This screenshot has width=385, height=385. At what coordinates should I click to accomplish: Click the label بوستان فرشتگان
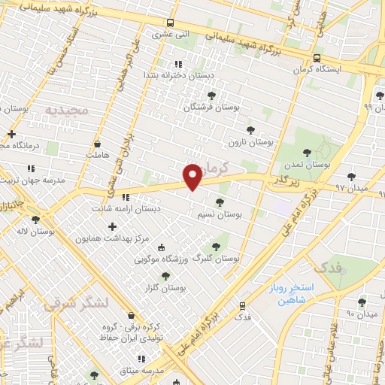click(212, 108)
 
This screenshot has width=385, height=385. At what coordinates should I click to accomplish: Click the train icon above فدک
click(242, 305)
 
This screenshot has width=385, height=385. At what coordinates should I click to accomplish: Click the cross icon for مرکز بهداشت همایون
click(113, 226)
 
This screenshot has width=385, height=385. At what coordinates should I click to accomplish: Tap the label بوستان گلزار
click(163, 288)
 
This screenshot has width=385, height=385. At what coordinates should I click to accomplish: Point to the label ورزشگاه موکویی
click(160, 259)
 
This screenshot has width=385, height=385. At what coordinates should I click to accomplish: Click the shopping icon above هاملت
click(98, 143)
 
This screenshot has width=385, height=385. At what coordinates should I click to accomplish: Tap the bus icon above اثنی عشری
click(171, 23)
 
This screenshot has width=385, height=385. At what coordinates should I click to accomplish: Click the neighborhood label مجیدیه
click(67, 110)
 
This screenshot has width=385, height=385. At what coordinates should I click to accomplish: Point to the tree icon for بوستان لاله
click(35, 219)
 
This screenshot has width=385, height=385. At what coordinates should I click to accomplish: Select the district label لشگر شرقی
click(77, 303)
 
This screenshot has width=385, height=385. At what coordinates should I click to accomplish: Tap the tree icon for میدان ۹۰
click(362, 302)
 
